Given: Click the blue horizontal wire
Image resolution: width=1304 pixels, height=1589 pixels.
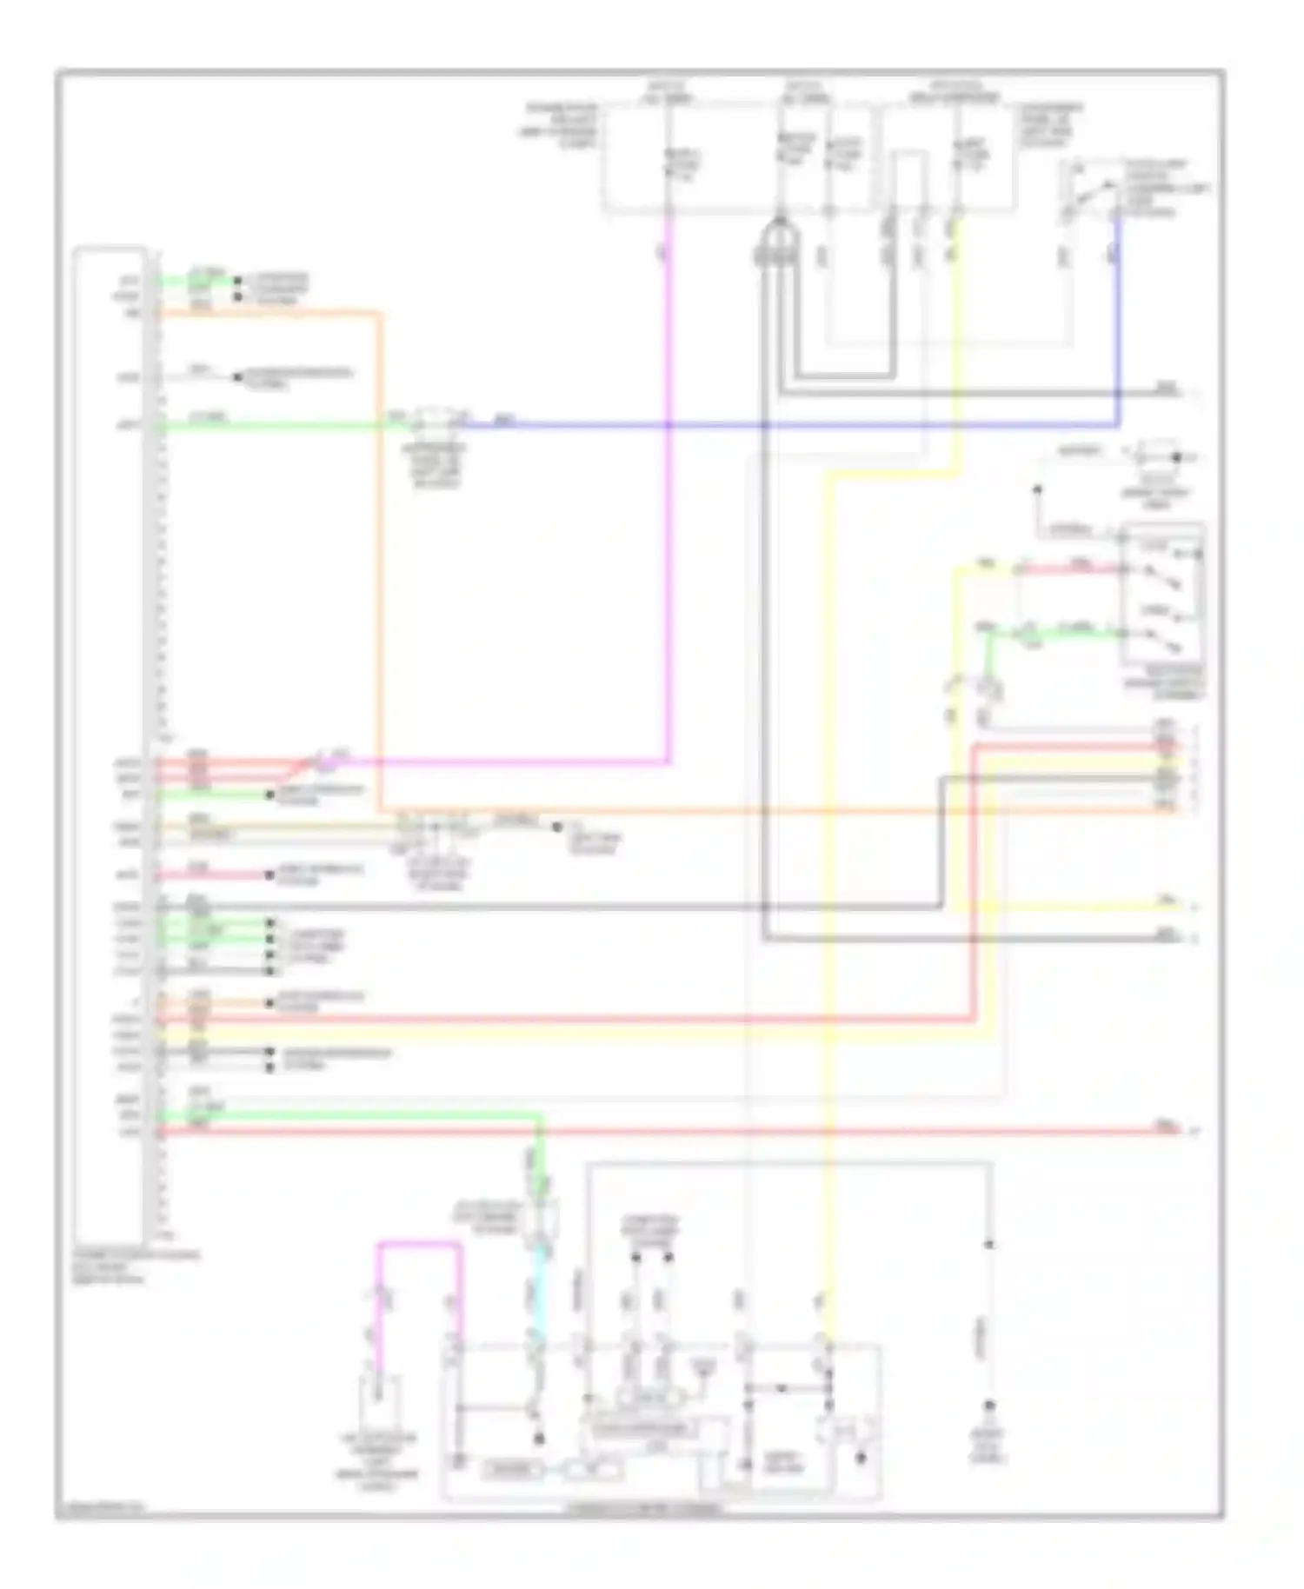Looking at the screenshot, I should tap(782, 425).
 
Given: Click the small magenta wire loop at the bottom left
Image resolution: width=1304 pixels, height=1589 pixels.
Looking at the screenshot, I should tap(417, 1245).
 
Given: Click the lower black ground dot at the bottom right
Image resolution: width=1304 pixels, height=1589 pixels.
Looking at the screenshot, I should tap(988, 1405).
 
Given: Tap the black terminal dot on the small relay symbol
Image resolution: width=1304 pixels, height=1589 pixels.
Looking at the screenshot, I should tap(1178, 456).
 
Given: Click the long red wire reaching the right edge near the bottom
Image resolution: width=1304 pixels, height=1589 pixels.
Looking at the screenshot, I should tap(695, 1132).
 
